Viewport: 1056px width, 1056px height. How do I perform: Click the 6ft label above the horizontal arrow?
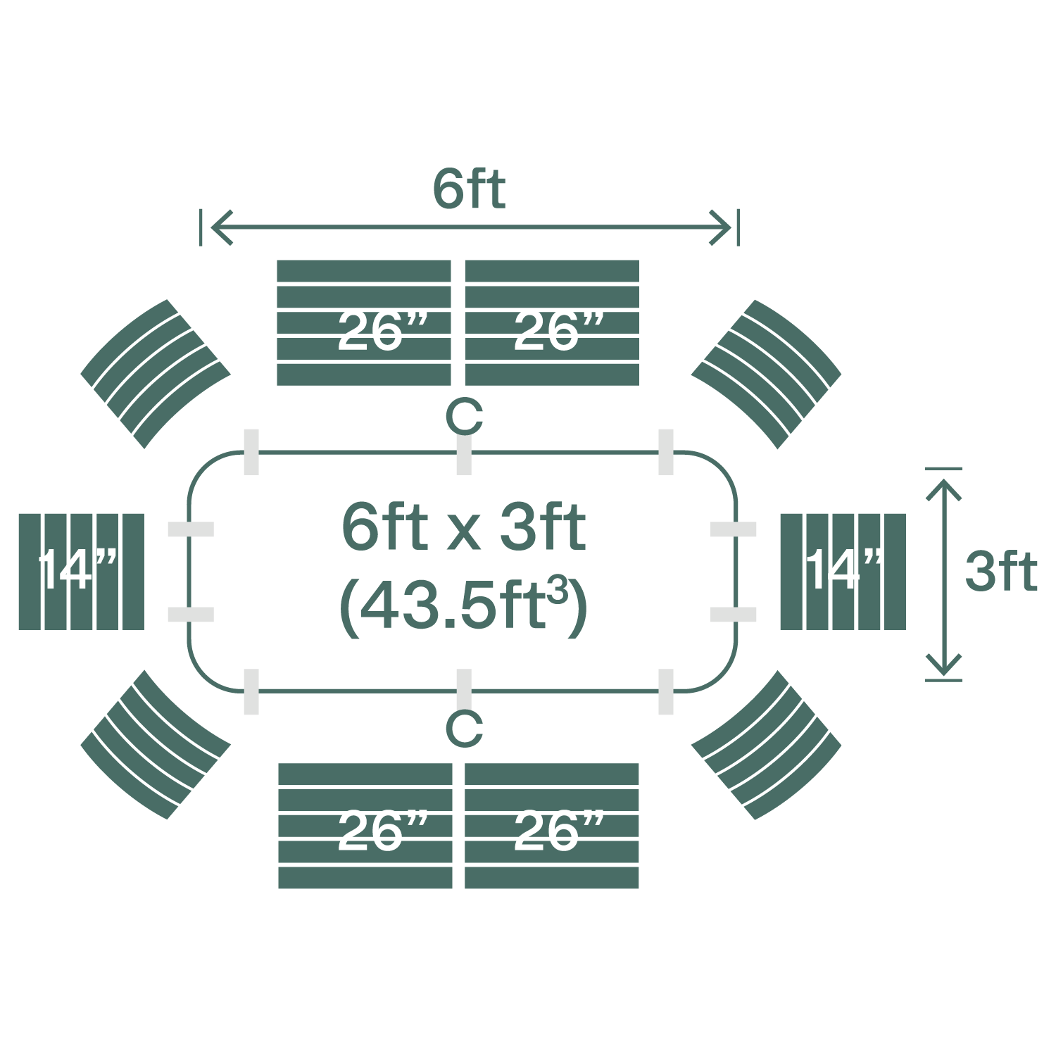pyautogui.click(x=469, y=189)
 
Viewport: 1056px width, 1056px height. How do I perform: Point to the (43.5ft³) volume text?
pyautogui.click(x=463, y=605)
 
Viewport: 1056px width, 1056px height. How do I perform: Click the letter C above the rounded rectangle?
pyautogui.click(x=464, y=417)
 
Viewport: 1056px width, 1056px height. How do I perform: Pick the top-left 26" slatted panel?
pyautogui.click(x=363, y=322)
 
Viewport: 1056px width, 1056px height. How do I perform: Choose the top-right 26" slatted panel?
pyautogui.click(x=552, y=322)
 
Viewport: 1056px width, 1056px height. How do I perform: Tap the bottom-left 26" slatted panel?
pyautogui.click(x=365, y=825)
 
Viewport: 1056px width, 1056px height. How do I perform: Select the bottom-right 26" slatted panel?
pyautogui.click(x=552, y=825)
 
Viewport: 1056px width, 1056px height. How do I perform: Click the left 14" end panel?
pyautogui.click(x=81, y=571)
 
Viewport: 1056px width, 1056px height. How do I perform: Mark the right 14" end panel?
pyautogui.click(x=843, y=571)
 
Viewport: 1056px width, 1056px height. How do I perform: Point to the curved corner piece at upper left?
pyautogui.click(x=156, y=373)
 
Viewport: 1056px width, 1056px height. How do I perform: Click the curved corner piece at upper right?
pyautogui.click(x=767, y=373)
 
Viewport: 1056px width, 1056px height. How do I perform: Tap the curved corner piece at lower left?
pyautogui.click(x=156, y=745)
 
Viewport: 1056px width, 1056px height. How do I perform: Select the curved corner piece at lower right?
pyautogui.click(x=767, y=745)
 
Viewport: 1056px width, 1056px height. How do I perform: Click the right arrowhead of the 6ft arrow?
pyautogui.click(x=724, y=227)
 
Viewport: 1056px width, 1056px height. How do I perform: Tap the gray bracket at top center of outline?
pyautogui.click(x=464, y=452)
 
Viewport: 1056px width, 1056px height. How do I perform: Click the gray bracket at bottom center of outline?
pyautogui.click(x=464, y=691)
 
